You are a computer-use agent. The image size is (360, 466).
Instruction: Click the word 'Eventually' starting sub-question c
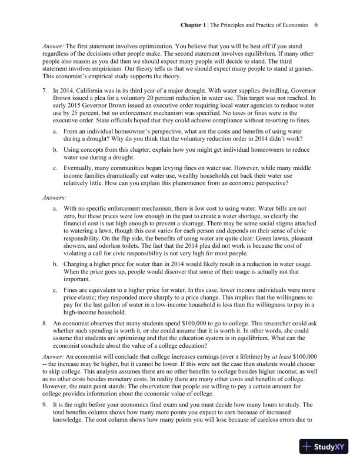(78, 167)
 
